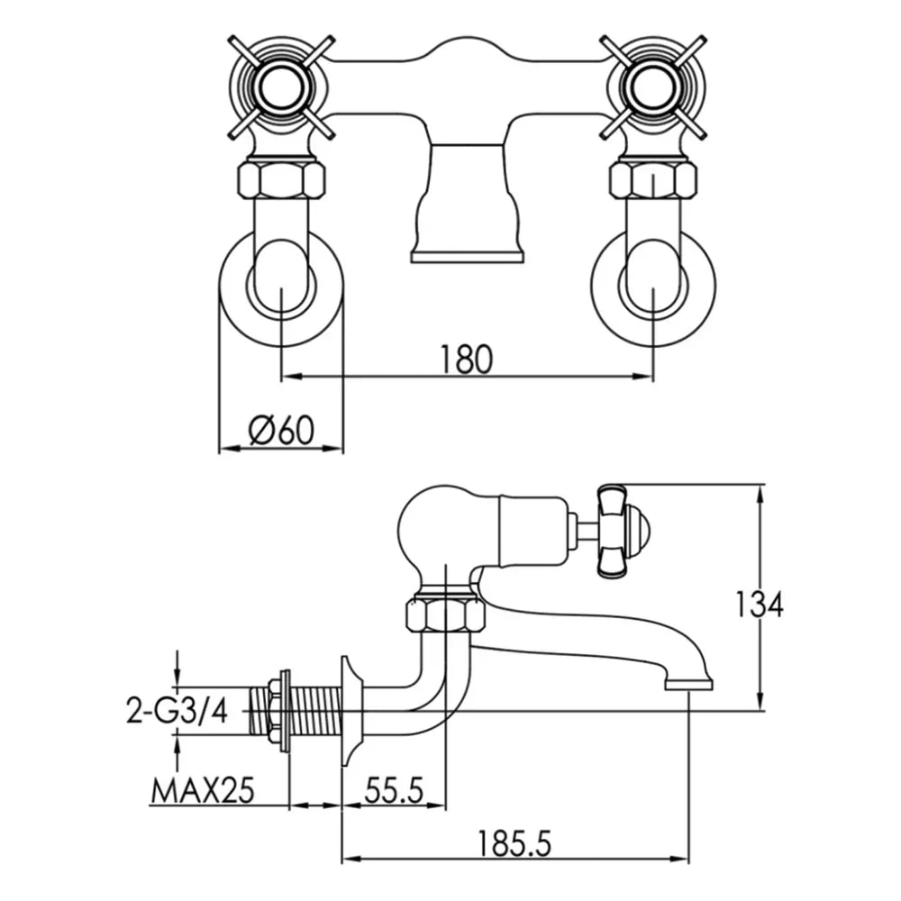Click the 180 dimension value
[467, 359]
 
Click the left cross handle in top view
[281, 86]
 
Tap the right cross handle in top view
[651, 86]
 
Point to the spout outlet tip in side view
[689, 684]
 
